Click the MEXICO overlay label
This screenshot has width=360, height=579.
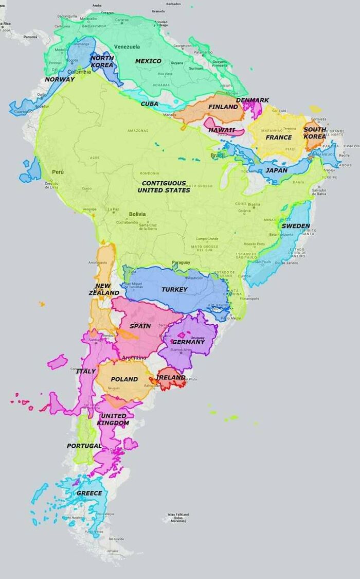pyautogui.click(x=148, y=61)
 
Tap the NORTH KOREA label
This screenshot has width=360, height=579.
pyautogui.click(x=101, y=62)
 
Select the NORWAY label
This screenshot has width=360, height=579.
pyautogui.click(x=60, y=79)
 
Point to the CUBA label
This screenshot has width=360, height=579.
pyautogui.click(x=149, y=104)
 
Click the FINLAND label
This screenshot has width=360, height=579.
pyautogui.click(x=223, y=107)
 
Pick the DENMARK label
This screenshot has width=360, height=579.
pyautogui.click(x=253, y=100)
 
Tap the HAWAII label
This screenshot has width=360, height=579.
pyautogui.click(x=222, y=130)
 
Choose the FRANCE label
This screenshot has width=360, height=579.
pyautogui.click(x=279, y=137)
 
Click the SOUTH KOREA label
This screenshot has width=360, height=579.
pyautogui.click(x=314, y=133)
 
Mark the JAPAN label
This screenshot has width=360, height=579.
pyautogui.click(x=276, y=170)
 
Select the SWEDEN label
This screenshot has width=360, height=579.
pyautogui.click(x=296, y=226)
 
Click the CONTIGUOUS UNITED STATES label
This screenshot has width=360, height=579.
pyautogui.click(x=164, y=187)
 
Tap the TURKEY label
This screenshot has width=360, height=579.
pyautogui.click(x=174, y=290)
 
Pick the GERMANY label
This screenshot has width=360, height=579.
pyautogui.click(x=188, y=342)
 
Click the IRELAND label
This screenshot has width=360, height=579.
pyautogui.click(x=170, y=377)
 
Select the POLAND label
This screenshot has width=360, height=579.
pyautogui.click(x=124, y=379)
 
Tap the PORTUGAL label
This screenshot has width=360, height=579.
pyautogui.click(x=84, y=446)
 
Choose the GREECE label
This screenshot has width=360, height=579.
pyautogui.click(x=89, y=493)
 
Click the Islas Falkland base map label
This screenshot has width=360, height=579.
pyautogui.click(x=178, y=517)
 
